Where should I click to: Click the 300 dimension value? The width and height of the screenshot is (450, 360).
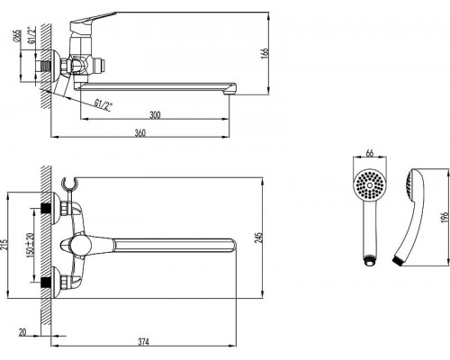click(x=155, y=115)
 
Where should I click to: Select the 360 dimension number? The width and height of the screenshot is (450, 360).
click(x=139, y=133)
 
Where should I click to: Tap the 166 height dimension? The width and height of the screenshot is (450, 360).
click(x=265, y=53)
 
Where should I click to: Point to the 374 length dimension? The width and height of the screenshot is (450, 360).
click(x=143, y=342)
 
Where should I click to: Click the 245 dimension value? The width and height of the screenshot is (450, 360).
click(x=258, y=238)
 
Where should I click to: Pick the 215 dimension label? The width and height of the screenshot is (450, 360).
click(x=4, y=246)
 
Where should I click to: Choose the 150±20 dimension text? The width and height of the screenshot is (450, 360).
click(x=30, y=244)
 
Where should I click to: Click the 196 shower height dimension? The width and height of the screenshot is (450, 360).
click(x=445, y=217)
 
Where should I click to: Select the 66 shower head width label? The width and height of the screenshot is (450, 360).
click(x=370, y=153)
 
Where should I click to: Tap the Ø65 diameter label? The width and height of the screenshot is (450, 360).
click(x=17, y=36)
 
